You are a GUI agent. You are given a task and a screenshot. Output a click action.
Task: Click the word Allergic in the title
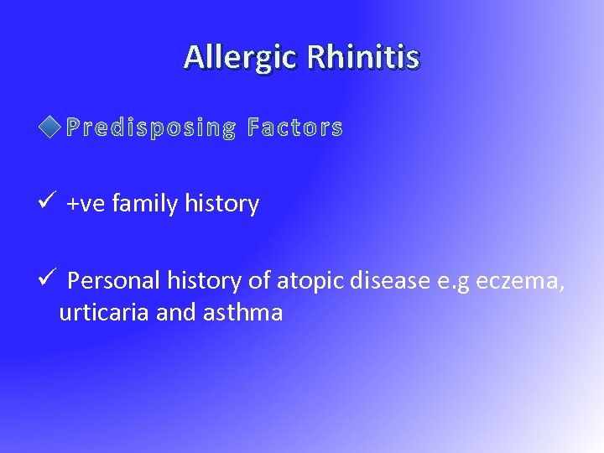(x=241, y=57)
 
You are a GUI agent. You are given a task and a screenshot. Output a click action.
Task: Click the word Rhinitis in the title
(x=363, y=57)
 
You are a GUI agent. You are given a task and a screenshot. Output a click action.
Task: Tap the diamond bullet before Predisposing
(x=50, y=128)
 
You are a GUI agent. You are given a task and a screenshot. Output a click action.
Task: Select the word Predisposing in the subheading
(x=151, y=128)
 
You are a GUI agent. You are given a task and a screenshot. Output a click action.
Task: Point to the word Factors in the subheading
(x=295, y=128)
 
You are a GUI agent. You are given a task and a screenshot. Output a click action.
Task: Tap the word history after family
(x=221, y=204)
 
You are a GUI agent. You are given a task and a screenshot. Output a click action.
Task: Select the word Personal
(x=107, y=281)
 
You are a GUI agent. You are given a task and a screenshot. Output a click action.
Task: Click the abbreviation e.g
(x=454, y=282)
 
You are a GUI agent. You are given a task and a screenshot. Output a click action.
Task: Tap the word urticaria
(x=104, y=313)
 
